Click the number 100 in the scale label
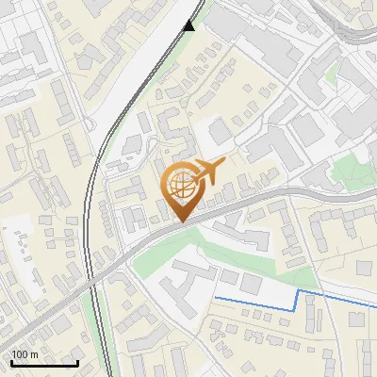point(20,354)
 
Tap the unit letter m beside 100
point(33,354)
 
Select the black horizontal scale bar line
point(44,363)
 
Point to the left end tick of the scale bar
point(11,361)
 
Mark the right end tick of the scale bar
point(77,361)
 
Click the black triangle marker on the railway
point(189,25)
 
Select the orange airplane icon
point(209,172)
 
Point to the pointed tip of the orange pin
point(179,221)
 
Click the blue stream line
point(254,303)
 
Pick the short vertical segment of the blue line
point(299,301)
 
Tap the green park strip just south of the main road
point(188,247)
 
